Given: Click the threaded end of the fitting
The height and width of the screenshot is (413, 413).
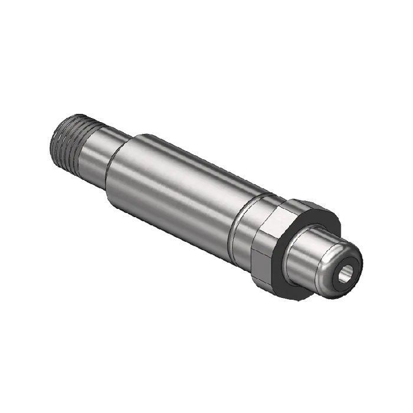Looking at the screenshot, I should [x=66, y=142].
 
